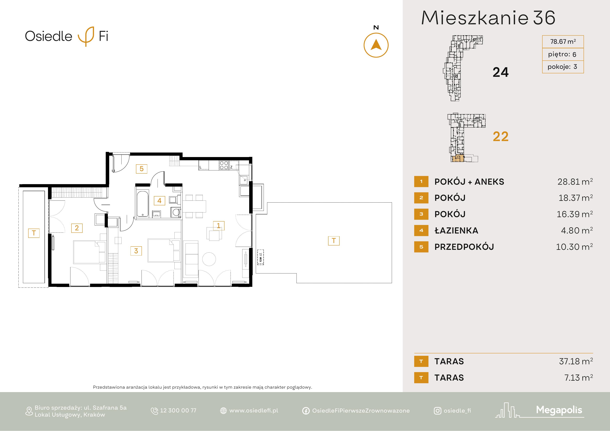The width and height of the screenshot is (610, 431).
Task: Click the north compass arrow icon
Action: pos(376,45)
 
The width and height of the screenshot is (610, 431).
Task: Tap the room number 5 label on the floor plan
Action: pos(142,169)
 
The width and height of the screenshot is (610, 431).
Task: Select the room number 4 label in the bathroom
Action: pos(159,201)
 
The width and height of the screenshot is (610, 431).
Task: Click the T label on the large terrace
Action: pos(334,241)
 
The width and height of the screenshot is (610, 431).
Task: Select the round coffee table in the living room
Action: pos(209,259)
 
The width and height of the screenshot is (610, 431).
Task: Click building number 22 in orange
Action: pos(501,136)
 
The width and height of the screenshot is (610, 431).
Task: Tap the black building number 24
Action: pos(501,72)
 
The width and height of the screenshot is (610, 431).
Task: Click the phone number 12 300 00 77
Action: pos(178,411)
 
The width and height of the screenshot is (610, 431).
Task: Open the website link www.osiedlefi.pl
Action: pos(254,411)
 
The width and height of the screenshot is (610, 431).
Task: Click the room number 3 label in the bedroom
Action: pos(136,251)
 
